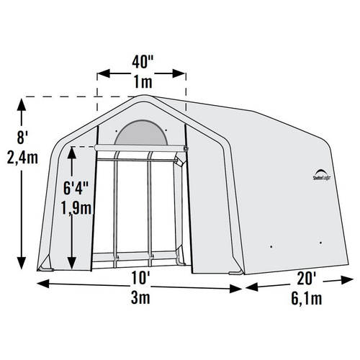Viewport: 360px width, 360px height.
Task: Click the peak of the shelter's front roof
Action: (143, 96)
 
